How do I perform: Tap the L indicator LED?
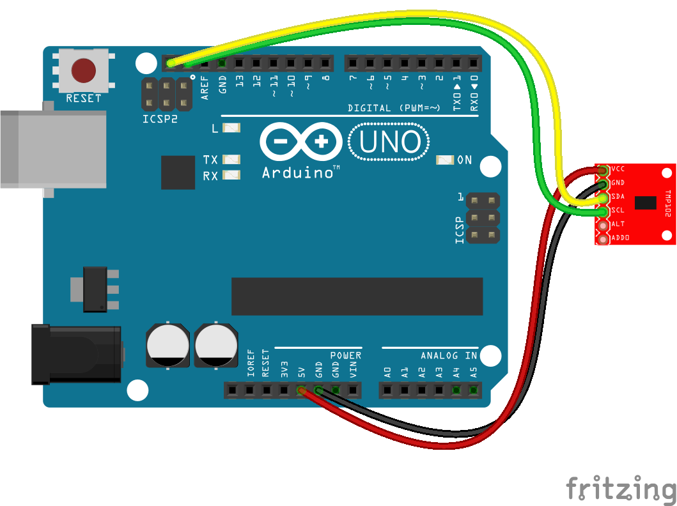click(231, 128)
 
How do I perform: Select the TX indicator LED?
click(231, 159)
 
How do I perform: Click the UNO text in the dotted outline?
click(389, 143)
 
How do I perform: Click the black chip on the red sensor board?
click(645, 203)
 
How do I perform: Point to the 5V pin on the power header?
click(301, 390)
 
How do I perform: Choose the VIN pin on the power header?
click(353, 390)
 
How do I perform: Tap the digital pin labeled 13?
click(239, 63)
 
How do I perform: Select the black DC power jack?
click(77, 354)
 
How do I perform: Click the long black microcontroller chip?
click(357, 296)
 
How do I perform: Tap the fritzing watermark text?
click(620, 489)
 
